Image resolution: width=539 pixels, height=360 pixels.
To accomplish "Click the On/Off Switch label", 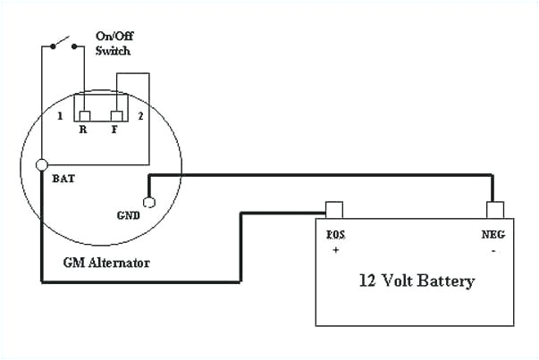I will point(113,44).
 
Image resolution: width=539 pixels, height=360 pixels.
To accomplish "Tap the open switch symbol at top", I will point(61,42).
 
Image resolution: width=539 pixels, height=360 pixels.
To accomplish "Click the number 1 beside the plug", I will point(59,117).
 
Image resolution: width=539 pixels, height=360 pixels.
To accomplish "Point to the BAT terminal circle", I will point(41,164).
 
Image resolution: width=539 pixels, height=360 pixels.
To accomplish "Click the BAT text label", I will point(63,178).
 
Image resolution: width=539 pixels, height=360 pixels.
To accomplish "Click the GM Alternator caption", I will point(105,264).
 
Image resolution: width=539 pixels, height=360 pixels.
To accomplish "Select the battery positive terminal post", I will point(334,210).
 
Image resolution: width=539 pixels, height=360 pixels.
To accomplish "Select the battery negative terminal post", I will point(494,210).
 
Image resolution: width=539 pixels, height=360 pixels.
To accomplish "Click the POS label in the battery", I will point(336,238).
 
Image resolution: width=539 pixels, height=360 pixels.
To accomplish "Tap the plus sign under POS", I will point(336,252).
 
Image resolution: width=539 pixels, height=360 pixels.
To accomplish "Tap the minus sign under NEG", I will point(493,252).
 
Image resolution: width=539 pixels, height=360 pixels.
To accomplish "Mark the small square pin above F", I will point(115,117).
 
